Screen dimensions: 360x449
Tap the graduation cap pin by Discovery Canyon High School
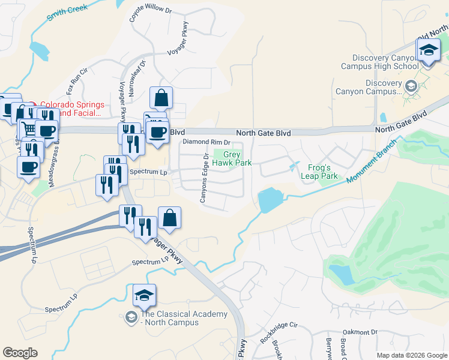tap(429, 51)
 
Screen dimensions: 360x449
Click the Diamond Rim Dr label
tap(207, 142)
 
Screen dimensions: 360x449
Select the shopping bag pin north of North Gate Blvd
tap(161, 98)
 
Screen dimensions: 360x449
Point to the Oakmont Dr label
tap(360, 332)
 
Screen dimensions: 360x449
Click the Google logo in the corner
tap(20, 353)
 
